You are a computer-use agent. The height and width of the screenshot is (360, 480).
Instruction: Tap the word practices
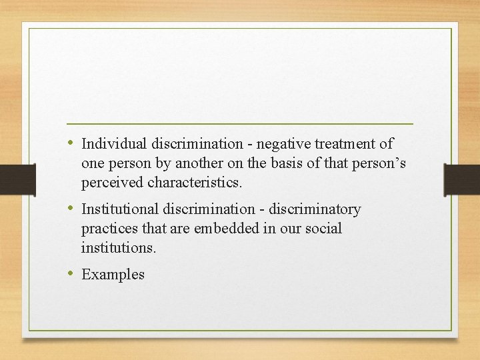(109, 229)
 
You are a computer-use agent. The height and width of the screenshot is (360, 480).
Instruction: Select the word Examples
(113, 275)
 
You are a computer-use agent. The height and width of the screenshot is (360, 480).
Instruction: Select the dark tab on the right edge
(462, 180)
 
